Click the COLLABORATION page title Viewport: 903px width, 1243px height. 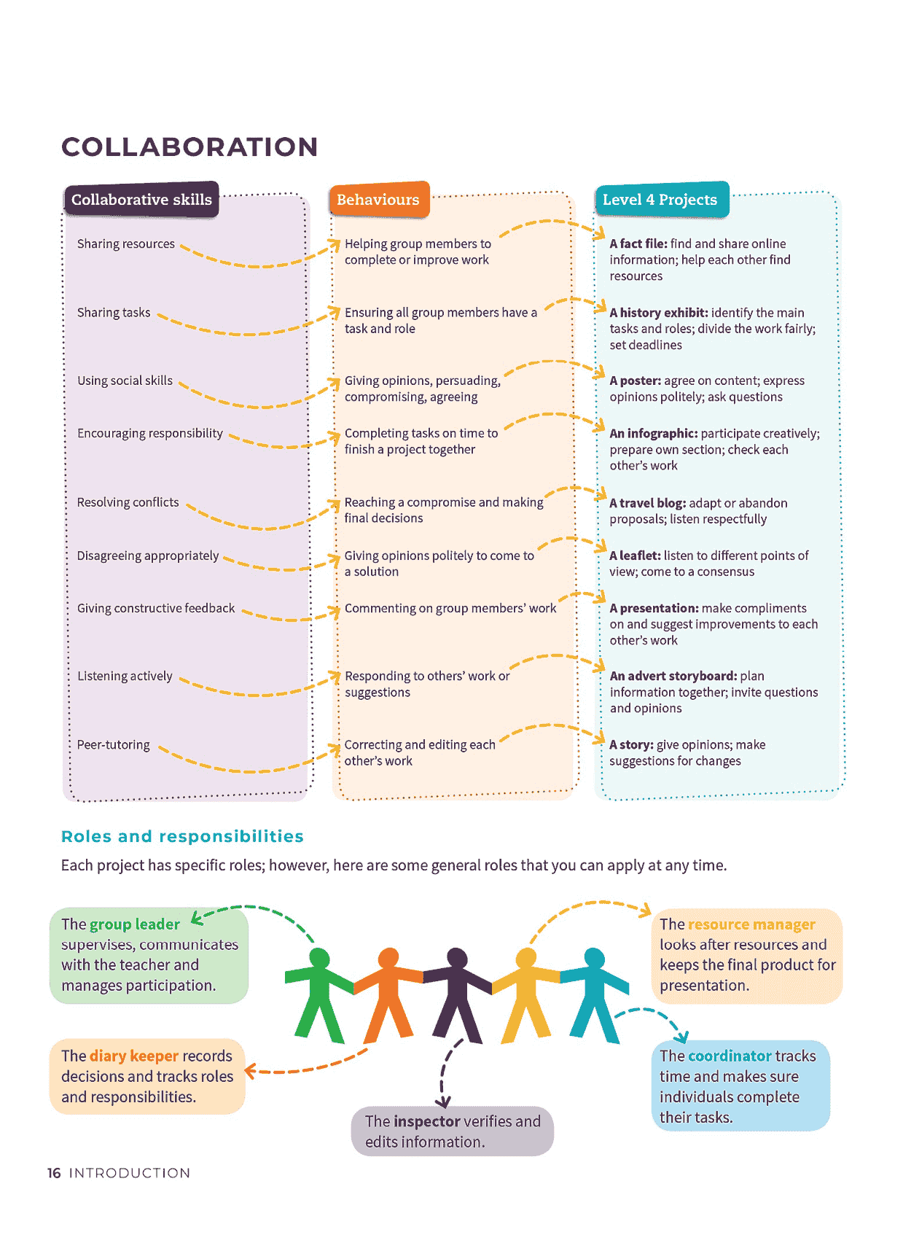click(189, 147)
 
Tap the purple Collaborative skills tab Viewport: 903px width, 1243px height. click(141, 200)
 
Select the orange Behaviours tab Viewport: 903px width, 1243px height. click(379, 199)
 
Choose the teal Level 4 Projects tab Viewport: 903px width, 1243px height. click(662, 199)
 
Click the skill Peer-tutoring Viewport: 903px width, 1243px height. click(114, 744)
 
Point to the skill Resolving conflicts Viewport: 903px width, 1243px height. click(128, 502)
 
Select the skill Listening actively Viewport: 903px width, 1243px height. click(125, 676)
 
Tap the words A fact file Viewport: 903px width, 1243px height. click(638, 243)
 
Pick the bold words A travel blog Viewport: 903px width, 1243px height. click(647, 503)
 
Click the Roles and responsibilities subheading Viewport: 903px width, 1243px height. click(182, 836)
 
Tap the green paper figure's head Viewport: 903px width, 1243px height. click(319, 959)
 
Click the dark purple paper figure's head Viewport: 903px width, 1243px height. click(457, 959)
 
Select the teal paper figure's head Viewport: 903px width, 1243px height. click(594, 959)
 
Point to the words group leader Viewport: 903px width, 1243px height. click(135, 924)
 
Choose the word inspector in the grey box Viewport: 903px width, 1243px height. click(427, 1121)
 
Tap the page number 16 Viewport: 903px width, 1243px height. click(54, 1172)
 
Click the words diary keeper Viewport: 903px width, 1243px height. click(134, 1056)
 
